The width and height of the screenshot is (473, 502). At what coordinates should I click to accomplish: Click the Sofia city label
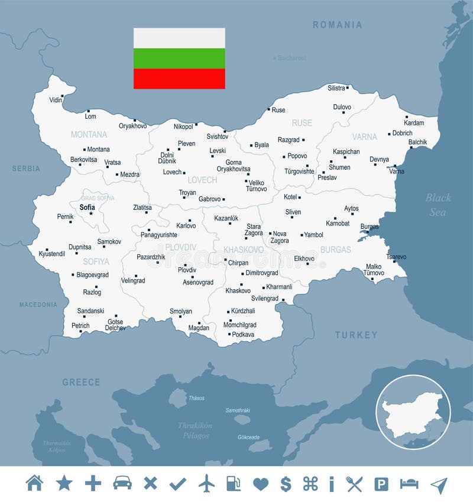coord(87,207)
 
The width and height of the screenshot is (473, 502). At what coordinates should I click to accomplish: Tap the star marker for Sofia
coord(91,213)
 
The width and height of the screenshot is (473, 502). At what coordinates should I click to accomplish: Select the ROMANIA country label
coord(337,25)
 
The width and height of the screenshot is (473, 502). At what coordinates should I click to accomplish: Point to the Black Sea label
coord(438,205)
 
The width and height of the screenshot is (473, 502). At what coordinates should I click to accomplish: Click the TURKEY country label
coord(356,335)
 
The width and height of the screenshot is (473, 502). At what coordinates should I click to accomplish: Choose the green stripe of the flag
coord(179,59)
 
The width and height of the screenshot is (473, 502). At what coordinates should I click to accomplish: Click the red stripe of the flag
coord(179,79)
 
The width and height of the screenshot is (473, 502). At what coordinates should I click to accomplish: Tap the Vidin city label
coord(56,100)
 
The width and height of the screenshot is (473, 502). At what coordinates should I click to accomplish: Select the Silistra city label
coord(336,88)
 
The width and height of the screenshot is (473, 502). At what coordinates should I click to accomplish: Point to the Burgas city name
coord(370,226)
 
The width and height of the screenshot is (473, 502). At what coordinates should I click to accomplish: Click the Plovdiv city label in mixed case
coord(187,270)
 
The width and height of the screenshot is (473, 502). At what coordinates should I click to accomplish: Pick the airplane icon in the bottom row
coord(206,484)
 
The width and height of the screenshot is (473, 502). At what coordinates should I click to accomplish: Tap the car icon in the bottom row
coord(122,484)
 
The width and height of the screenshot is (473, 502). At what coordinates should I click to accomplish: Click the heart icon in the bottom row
coord(260,484)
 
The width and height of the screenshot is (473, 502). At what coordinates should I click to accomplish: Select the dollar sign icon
coord(286,484)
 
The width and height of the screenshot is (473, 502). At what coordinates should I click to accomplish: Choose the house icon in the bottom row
coord(35,484)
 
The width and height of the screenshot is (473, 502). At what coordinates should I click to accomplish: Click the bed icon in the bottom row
coord(409,484)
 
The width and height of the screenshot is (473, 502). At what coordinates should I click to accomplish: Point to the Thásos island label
coord(196,398)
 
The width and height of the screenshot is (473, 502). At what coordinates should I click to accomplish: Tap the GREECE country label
coord(81,383)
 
